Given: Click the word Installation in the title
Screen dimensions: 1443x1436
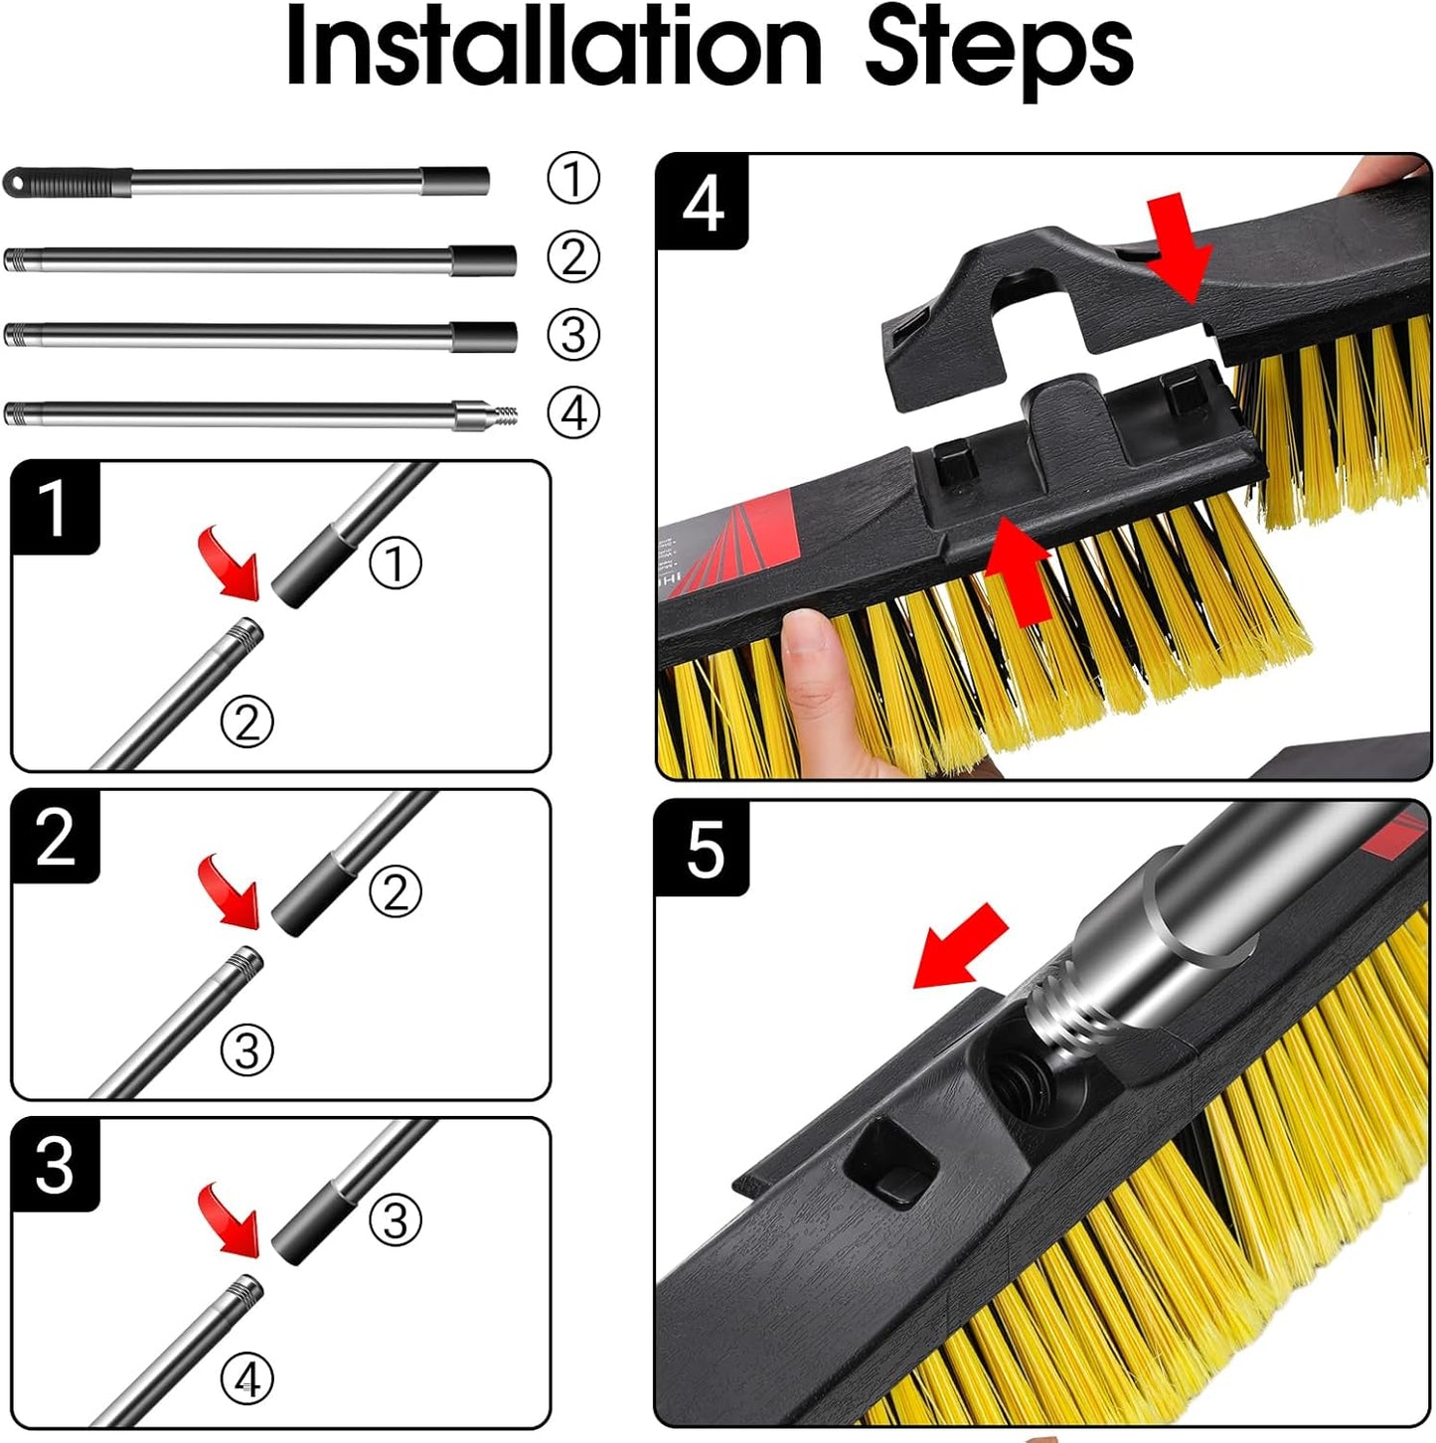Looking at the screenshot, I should (553, 48).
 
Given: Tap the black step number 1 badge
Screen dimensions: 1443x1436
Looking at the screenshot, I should (55, 508).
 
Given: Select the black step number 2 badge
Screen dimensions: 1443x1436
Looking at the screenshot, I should (55, 837).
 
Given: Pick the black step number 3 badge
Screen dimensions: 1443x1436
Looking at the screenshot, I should (55, 1165).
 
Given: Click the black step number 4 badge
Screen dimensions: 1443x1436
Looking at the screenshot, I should (702, 203).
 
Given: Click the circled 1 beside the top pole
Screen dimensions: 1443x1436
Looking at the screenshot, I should (573, 179).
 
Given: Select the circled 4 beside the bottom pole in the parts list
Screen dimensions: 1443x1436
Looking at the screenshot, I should (573, 412).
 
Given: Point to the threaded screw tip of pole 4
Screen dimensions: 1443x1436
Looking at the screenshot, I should (503, 413).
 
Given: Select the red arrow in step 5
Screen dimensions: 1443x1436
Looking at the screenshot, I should (960, 947).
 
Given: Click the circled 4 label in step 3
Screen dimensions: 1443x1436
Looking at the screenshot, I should (246, 1378).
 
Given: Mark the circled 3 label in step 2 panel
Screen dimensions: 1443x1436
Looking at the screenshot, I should (246, 1049).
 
